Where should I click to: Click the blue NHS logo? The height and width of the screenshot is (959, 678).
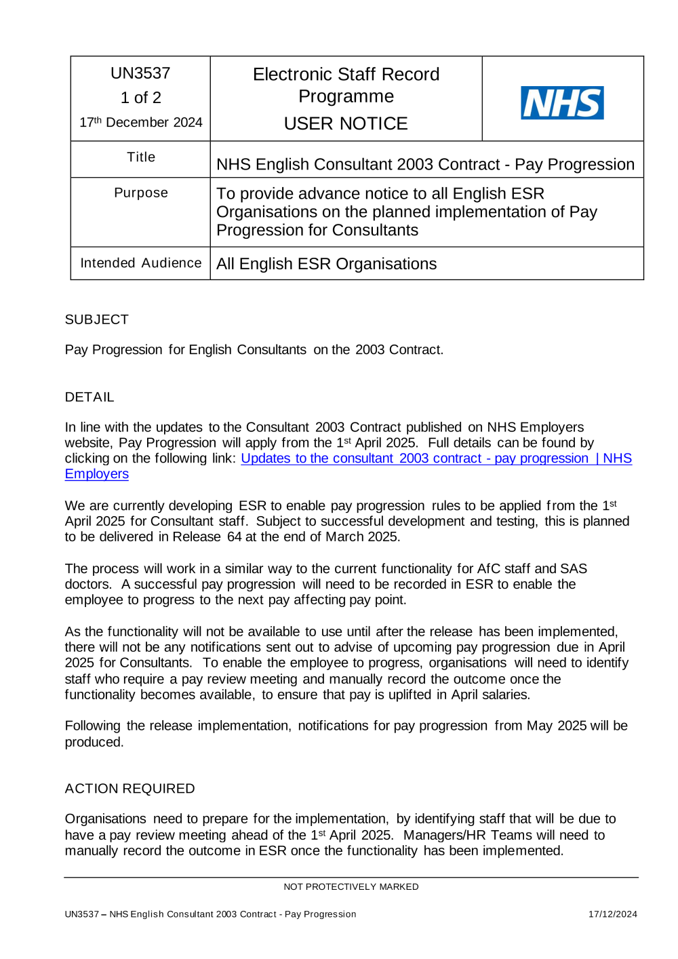tap(561, 103)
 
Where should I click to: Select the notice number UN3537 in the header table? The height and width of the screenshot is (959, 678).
tap(140, 73)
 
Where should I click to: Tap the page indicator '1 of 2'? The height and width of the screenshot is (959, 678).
tap(140, 98)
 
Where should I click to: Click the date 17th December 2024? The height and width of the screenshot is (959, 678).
tap(140, 122)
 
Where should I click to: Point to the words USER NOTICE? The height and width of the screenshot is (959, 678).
tap(346, 123)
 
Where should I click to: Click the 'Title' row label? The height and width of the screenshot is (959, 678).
tap(141, 157)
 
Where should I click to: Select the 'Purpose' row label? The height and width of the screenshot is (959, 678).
tap(140, 193)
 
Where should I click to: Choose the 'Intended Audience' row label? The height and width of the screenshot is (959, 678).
tap(140, 263)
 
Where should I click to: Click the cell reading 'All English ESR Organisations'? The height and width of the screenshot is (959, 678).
tap(326, 264)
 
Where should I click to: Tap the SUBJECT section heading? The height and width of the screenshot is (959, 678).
tap(96, 319)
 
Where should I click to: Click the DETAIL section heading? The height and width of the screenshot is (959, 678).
tap(89, 397)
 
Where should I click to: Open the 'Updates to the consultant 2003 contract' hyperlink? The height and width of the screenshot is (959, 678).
tap(414, 458)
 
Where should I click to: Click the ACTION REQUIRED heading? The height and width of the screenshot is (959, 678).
tap(129, 789)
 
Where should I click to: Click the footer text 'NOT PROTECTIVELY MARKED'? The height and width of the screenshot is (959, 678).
tap(351, 886)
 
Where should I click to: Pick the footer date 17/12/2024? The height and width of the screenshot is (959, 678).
tap(612, 914)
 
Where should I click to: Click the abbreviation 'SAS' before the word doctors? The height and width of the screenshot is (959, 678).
tap(573, 568)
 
